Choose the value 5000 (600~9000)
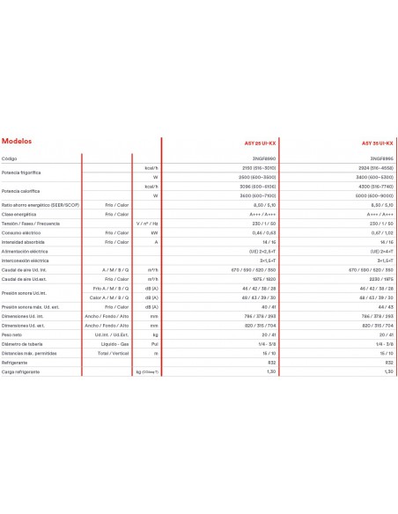[x=374, y=195]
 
